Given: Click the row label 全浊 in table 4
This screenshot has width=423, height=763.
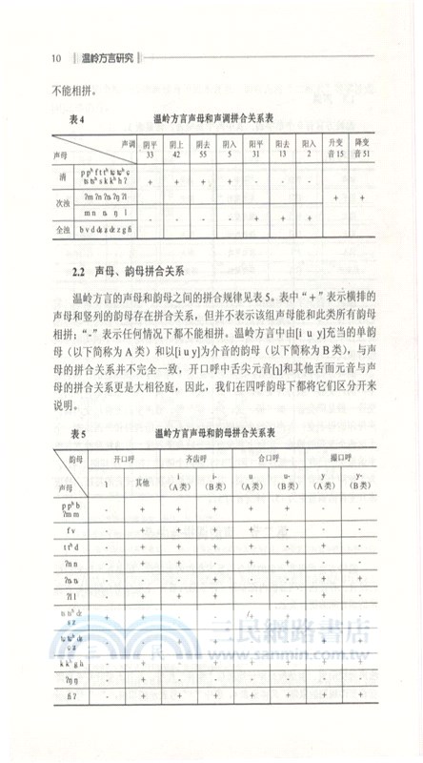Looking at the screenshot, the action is point(62,230).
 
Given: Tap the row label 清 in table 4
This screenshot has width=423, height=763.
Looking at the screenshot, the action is point(62,177).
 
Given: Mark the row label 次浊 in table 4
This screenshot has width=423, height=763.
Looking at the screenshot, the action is point(62,203).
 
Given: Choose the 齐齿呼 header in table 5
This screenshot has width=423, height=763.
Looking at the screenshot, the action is point(199,457).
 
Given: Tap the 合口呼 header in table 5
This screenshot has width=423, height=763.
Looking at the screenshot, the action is point(270,457).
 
